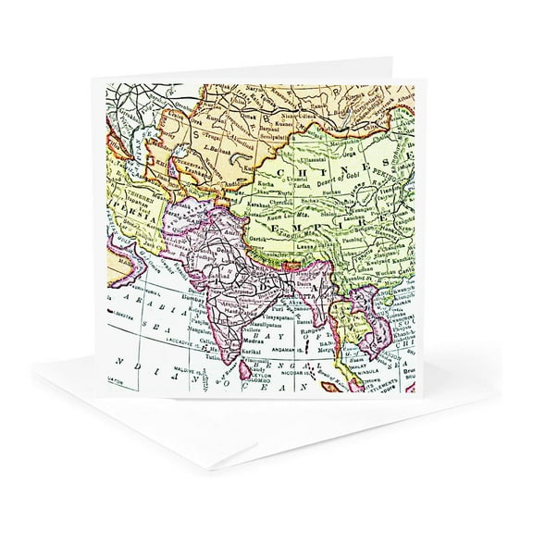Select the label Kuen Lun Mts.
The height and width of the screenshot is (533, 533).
(287, 233)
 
